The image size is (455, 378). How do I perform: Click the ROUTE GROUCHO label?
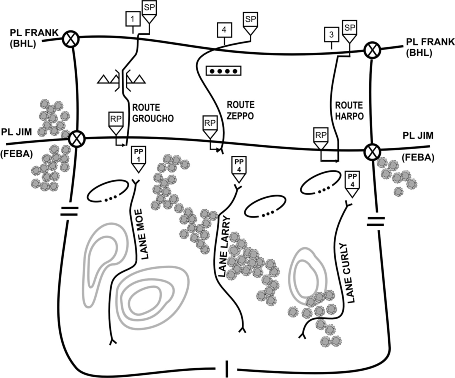point(153,113)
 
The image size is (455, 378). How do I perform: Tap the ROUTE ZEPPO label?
point(240,110)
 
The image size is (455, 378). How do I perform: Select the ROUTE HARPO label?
point(349,110)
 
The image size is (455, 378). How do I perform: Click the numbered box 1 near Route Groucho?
point(133,19)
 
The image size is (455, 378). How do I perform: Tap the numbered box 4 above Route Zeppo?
point(224,30)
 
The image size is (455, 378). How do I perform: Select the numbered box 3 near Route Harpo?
point(331,35)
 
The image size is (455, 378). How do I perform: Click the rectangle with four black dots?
point(224,71)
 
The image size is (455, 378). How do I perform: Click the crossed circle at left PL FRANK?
point(71,39)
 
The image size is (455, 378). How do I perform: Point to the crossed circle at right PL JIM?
point(372,151)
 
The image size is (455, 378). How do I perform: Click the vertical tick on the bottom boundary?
point(227,369)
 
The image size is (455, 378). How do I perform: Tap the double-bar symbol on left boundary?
point(69,211)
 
